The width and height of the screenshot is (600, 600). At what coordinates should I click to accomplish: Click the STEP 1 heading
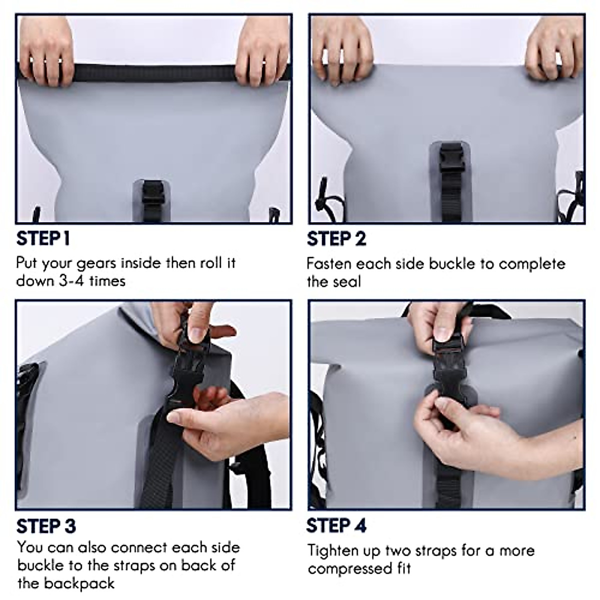(x=43, y=238)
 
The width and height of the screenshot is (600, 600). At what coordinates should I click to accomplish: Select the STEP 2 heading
(x=336, y=238)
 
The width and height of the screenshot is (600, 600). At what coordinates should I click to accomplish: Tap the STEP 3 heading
(x=46, y=526)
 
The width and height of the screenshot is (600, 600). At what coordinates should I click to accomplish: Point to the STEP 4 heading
(x=336, y=525)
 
